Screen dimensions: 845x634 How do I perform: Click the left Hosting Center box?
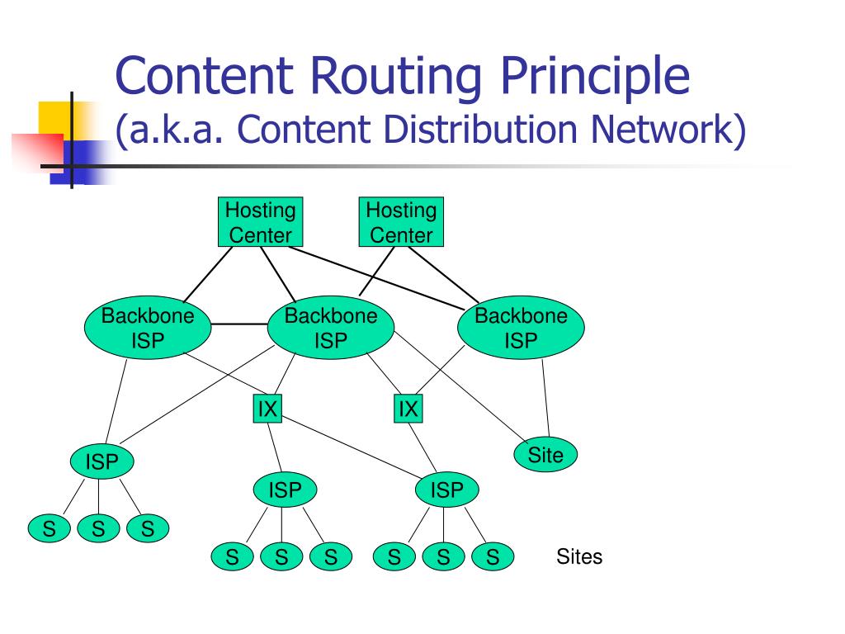click(x=260, y=221)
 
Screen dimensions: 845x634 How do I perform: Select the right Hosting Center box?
click(x=402, y=221)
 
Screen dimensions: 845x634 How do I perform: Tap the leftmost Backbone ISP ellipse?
click(x=148, y=327)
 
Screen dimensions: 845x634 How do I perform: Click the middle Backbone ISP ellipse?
click(x=331, y=327)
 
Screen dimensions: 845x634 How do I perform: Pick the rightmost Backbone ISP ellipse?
click(x=521, y=327)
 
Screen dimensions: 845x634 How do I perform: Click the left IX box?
click(x=267, y=409)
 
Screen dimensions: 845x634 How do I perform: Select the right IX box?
click(x=408, y=409)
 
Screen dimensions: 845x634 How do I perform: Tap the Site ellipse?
click(x=545, y=455)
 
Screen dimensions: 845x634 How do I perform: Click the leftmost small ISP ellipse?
click(x=101, y=461)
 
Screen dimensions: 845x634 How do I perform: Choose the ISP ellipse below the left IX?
click(x=285, y=490)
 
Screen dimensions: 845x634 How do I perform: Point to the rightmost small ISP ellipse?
click(x=446, y=490)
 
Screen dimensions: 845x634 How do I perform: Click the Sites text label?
click(x=579, y=556)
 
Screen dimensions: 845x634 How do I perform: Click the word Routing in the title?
click(x=396, y=75)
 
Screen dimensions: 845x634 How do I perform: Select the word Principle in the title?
click(x=596, y=75)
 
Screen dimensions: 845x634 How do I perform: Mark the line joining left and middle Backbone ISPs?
click(x=239, y=324)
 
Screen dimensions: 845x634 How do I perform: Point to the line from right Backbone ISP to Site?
click(x=545, y=398)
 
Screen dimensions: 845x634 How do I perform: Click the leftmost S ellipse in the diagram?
click(x=49, y=528)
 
